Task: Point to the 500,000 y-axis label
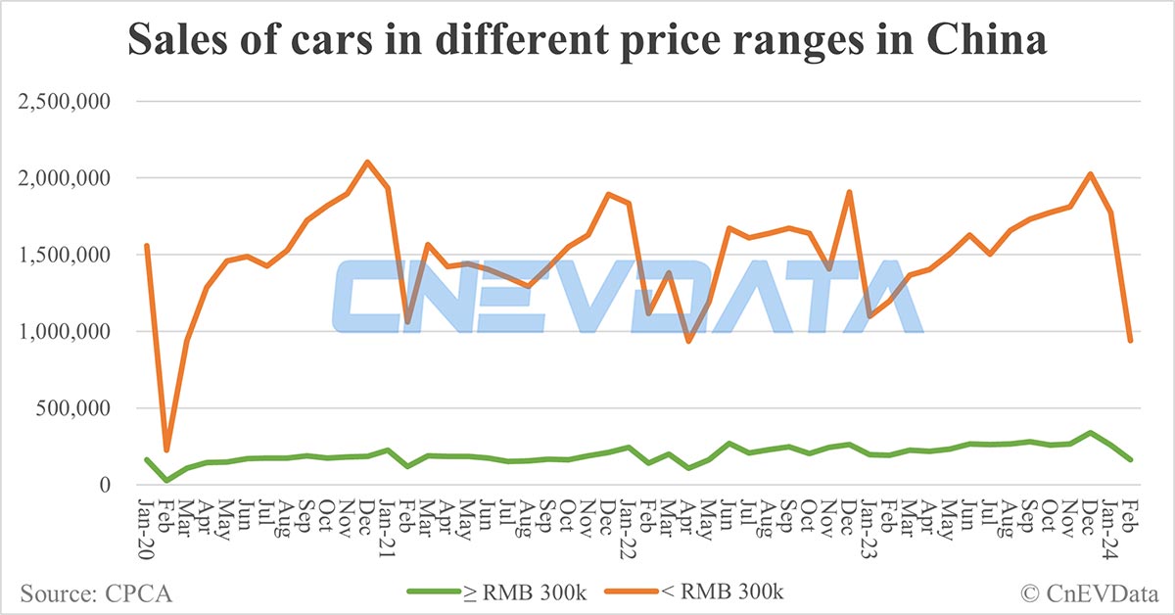pos(73,408)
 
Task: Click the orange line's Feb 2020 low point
pos(166,450)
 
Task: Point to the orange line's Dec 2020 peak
pos(367,162)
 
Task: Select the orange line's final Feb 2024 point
pos(1130,341)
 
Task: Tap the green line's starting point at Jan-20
pos(147,459)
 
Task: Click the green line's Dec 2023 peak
pos(1090,433)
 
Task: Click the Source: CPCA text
pos(87,591)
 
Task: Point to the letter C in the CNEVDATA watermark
pos(377,296)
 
